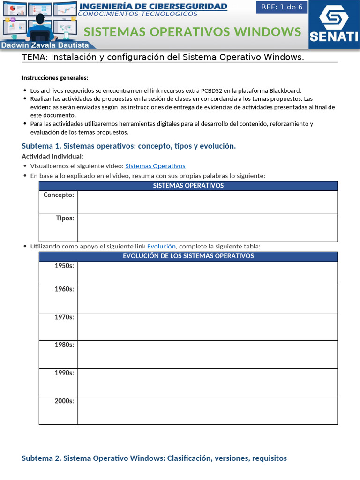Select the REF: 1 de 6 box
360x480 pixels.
[282, 7]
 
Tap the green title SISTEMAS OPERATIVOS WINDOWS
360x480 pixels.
[192, 31]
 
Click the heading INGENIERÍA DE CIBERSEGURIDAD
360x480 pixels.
[153, 6]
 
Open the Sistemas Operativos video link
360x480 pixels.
[155, 166]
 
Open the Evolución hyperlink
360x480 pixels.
[161, 246]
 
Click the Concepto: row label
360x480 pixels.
[59, 195]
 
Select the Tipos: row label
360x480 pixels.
[65, 218]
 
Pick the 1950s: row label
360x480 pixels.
[64, 266]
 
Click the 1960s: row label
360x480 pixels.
[64, 289]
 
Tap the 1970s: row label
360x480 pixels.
[64, 317]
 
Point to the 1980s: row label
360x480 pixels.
[64, 345]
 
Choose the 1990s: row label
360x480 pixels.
[64, 373]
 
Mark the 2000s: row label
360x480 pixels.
[64, 401]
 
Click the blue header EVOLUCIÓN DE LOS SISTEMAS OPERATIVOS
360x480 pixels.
[188, 256]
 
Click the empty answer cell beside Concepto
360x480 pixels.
[207, 202]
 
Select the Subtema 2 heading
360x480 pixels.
[154, 458]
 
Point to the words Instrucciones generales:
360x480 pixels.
[55, 78]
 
